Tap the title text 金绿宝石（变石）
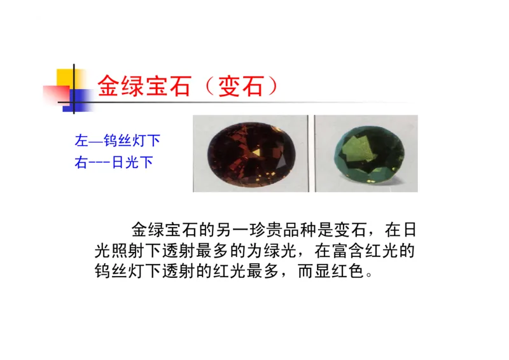coord(187,85)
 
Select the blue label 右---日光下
coord(114,162)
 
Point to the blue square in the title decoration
coord(77,99)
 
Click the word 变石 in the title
coord(240,85)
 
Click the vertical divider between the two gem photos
coord(311,153)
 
